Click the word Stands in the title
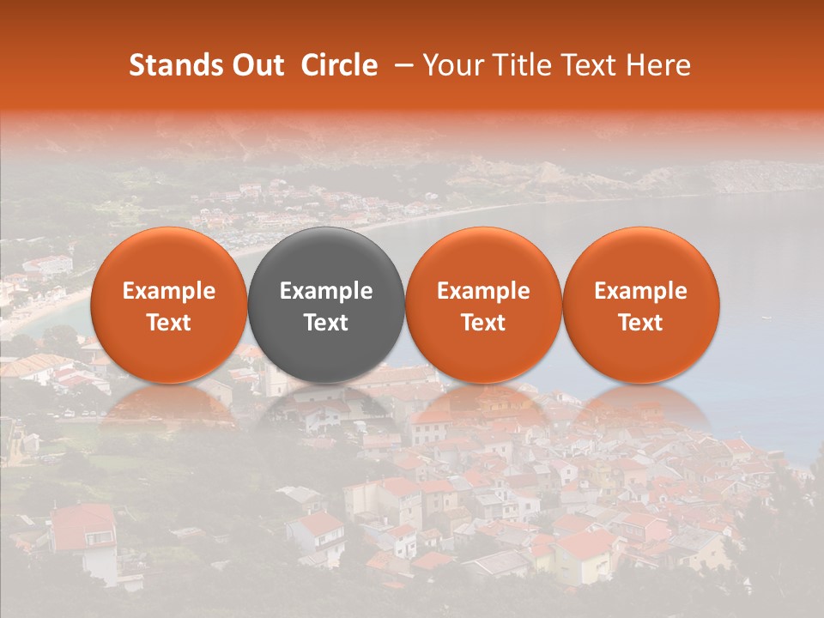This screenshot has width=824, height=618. point(176,65)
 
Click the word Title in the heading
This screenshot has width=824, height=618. point(520,65)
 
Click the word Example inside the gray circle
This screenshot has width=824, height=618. point(326,291)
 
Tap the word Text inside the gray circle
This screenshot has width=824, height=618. point(326,323)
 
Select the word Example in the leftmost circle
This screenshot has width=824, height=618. point(168,291)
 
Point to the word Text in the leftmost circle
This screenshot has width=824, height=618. point(168,323)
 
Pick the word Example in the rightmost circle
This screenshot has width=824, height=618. point(640,291)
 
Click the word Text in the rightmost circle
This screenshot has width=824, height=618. point(640,323)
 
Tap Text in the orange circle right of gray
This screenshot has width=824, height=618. point(483,323)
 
